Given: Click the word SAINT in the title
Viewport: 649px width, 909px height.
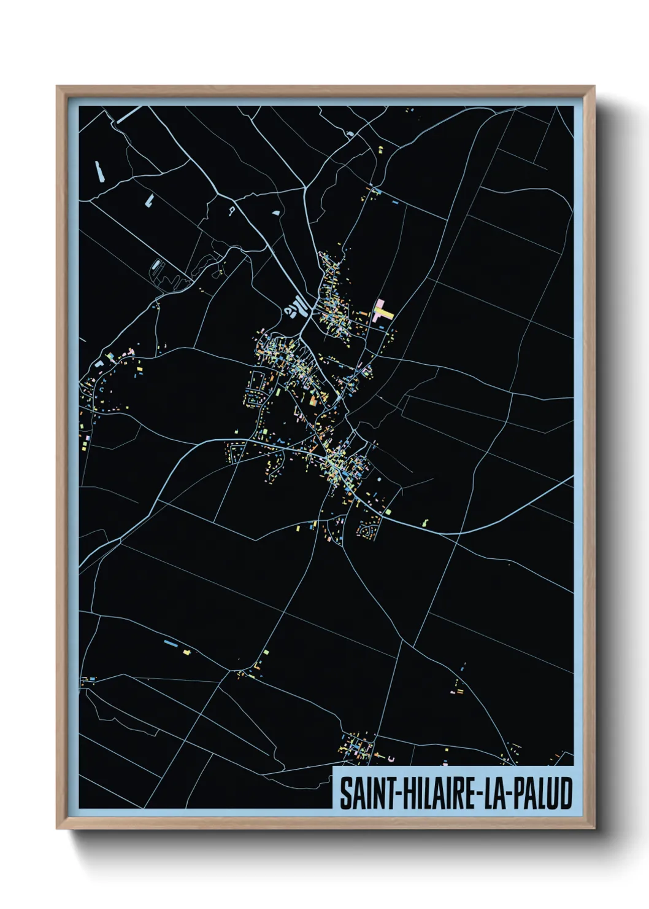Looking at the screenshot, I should click(x=362, y=794).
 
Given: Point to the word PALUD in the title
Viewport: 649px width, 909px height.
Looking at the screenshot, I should click(x=543, y=794).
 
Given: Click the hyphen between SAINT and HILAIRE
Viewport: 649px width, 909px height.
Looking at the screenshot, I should click(x=389, y=795).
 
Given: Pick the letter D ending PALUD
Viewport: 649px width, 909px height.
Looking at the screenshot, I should click(x=566, y=794).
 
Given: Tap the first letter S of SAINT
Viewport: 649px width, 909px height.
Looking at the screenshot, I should click(x=345, y=794).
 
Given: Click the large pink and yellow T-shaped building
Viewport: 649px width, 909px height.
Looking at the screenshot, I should click(x=383, y=311).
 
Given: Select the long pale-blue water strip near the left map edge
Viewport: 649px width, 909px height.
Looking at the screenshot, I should click(x=99, y=171).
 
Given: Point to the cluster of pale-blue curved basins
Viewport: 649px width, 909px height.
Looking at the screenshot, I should click(x=295, y=306).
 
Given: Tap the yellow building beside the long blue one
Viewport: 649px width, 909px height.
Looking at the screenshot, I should click(x=187, y=651).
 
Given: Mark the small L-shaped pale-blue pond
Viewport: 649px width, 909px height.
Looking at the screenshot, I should click(x=149, y=200).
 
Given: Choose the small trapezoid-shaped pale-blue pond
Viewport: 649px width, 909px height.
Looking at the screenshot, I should click(x=276, y=213).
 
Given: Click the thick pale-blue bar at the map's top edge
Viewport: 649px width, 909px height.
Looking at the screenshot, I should click(x=129, y=114).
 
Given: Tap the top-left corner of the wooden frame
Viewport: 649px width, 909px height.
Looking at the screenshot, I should click(x=58, y=87).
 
